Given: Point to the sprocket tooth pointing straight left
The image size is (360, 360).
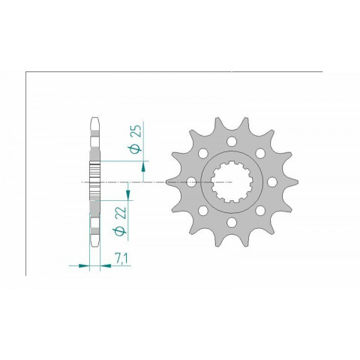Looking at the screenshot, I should click(x=169, y=181).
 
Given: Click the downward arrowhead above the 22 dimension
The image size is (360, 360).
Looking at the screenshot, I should click(x=128, y=196).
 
